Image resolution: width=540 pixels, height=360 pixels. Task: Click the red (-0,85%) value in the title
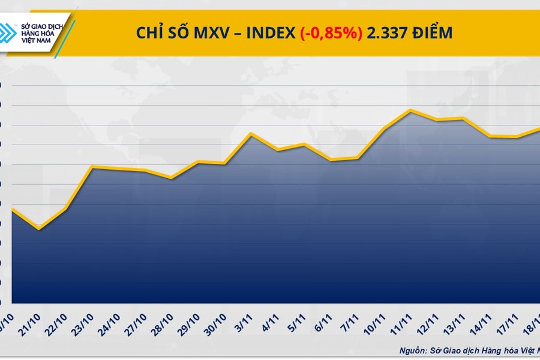(331, 33)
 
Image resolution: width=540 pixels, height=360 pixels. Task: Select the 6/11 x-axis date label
(325, 318)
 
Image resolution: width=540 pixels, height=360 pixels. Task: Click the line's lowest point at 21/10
(39, 229)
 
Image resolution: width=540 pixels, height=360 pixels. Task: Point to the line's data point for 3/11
(251, 133)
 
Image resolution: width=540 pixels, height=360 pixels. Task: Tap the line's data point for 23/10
(91, 167)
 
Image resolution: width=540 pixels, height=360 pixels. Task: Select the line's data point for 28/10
(172, 178)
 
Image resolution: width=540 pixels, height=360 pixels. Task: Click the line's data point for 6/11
(331, 160)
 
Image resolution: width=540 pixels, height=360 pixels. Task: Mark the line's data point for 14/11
(490, 136)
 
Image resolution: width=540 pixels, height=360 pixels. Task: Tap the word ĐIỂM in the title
(431, 33)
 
